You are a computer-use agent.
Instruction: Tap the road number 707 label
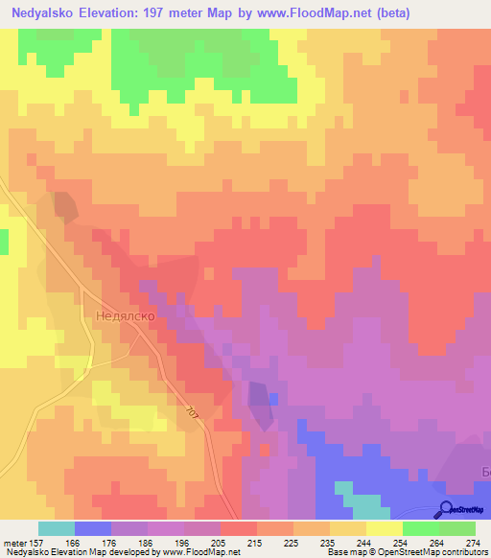[x=192, y=412]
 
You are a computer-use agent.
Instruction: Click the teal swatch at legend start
[x=57, y=528]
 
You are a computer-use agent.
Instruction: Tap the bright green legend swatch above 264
[x=420, y=528]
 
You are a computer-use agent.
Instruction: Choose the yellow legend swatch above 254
[x=384, y=528]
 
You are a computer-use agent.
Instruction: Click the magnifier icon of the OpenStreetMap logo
[x=445, y=509]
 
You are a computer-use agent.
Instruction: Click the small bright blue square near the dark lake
[x=273, y=397]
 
